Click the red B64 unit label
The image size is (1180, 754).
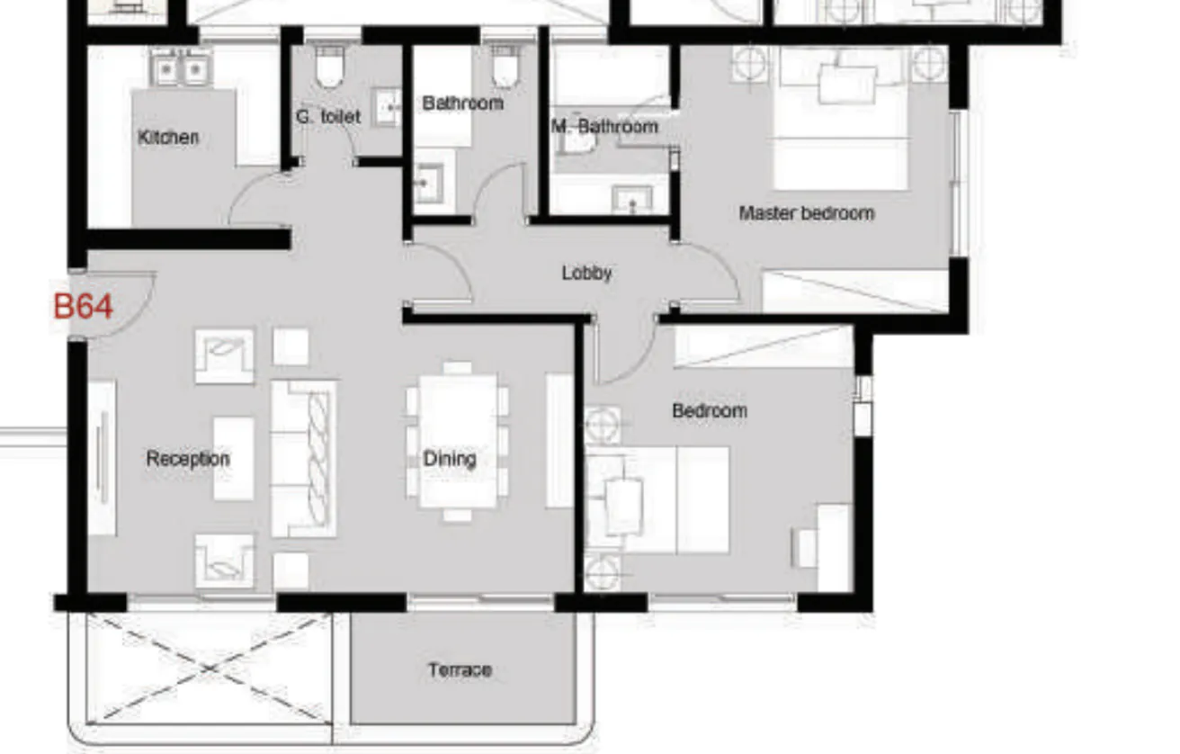click(x=83, y=306)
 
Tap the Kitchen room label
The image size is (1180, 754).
click(x=168, y=137)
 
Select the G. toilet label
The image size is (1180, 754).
click(x=327, y=116)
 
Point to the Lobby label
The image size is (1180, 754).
click(x=586, y=273)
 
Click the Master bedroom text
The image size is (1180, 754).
click(x=806, y=213)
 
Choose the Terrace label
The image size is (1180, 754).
click(x=460, y=669)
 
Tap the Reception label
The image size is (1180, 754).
click(x=188, y=459)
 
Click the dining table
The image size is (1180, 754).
click(x=458, y=441)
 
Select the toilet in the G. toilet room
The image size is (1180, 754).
click(x=328, y=68)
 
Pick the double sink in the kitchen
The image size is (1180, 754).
click(x=180, y=67)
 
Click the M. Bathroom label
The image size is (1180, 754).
click(x=604, y=127)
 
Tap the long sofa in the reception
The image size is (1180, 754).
click(x=304, y=458)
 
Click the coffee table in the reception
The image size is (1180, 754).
click(x=233, y=458)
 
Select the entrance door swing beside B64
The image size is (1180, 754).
click(x=121, y=304)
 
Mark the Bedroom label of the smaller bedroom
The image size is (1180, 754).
click(x=710, y=411)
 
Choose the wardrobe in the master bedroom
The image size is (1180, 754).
click(x=854, y=292)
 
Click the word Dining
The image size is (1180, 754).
click(x=450, y=459)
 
